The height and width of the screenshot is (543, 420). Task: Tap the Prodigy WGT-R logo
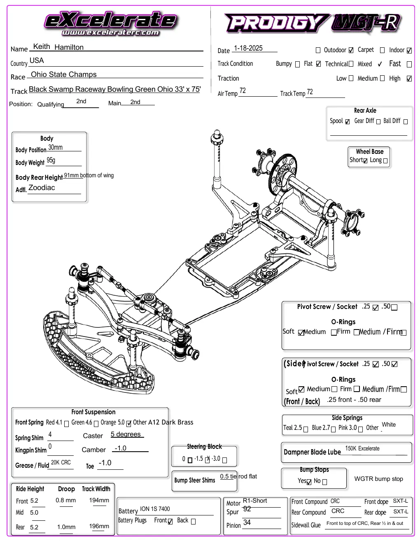pyautogui.click(x=313, y=23)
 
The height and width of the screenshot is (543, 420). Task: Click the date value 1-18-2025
pyautogui.click(x=248, y=48)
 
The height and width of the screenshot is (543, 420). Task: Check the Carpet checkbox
pyautogui.click(x=351, y=51)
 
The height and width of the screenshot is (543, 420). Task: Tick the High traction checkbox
pyautogui.click(x=409, y=79)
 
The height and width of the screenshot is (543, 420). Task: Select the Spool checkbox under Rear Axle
pyautogui.click(x=347, y=122)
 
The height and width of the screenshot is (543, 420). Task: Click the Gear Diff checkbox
pyautogui.click(x=378, y=122)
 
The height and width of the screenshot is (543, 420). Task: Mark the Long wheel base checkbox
pyautogui.click(x=385, y=161)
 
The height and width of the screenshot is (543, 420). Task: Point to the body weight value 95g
pyautogui.click(x=51, y=160)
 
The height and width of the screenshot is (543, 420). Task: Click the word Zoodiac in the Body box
pyautogui.click(x=42, y=188)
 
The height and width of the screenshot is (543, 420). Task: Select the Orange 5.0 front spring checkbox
pyautogui.click(x=128, y=424)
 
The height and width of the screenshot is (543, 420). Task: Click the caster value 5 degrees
pyautogui.click(x=126, y=434)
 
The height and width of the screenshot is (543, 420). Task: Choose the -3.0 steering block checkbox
pyautogui.click(x=224, y=460)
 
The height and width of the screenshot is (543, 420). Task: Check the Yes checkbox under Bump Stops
pyautogui.click(x=309, y=482)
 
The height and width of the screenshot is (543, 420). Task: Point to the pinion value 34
pyautogui.click(x=247, y=522)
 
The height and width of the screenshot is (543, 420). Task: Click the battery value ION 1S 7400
pyautogui.click(x=154, y=509)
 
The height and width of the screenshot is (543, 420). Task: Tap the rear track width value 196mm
pyautogui.click(x=99, y=526)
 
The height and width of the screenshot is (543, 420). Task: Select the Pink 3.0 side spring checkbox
pyautogui.click(x=360, y=429)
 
